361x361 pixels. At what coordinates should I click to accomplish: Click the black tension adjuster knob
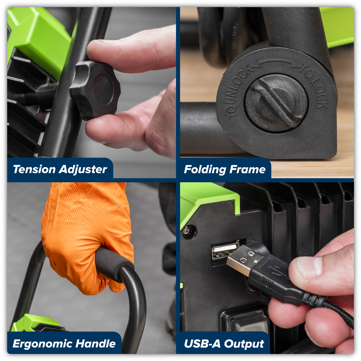point(95,90)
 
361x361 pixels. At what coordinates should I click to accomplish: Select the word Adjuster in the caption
point(83,170)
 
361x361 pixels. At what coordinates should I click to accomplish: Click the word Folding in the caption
point(205,170)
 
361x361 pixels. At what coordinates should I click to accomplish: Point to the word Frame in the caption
point(247,169)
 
